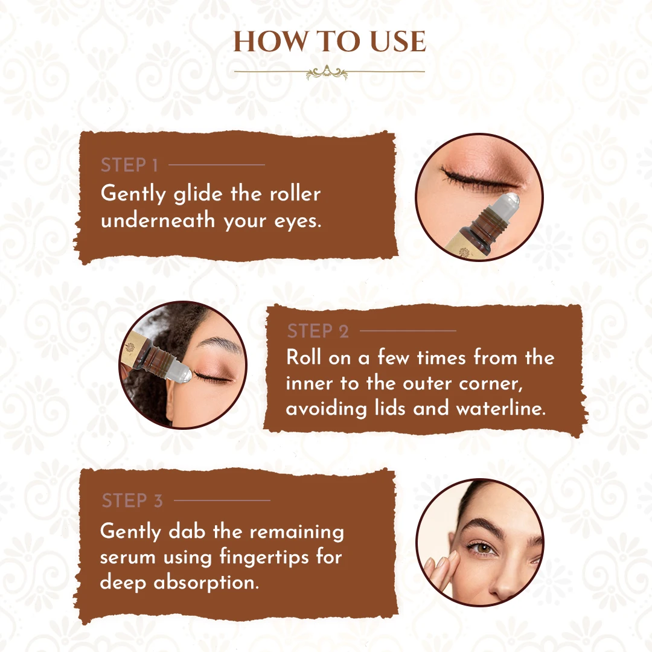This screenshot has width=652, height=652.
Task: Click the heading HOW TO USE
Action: click(330, 42)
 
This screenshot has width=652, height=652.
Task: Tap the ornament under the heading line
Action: click(327, 74)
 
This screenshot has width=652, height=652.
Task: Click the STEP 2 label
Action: click(318, 331)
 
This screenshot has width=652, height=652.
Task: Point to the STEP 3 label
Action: click(132, 500)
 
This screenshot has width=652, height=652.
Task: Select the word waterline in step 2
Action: click(500, 409)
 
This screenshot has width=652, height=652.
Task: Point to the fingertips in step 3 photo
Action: click(436, 565)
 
